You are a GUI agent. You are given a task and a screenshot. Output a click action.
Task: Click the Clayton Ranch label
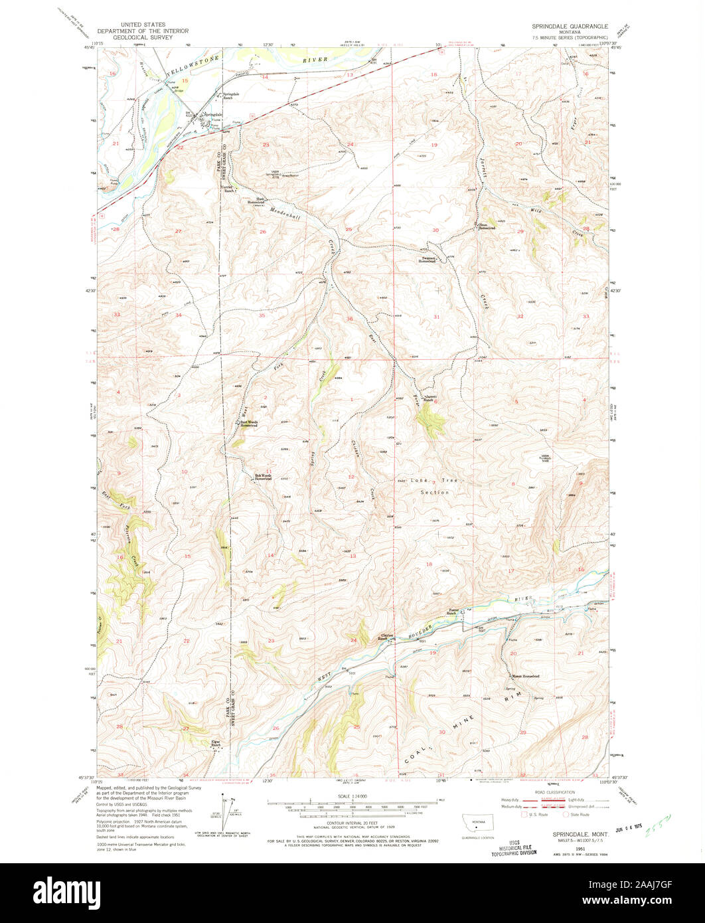(x=386, y=637)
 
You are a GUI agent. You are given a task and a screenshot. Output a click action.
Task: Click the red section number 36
(x=350, y=319)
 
